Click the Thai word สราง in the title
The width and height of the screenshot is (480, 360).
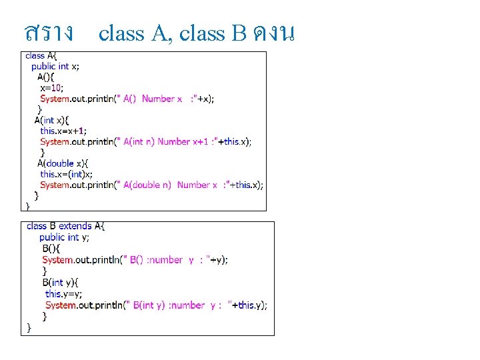pos(49,31)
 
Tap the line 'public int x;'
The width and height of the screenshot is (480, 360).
pos(55,66)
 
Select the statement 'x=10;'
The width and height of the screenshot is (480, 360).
pos(51,87)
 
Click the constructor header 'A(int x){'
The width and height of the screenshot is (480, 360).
pos(52,120)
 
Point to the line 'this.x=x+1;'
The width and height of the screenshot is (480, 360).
pos(63,131)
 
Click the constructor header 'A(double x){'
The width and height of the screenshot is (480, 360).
pos(63,163)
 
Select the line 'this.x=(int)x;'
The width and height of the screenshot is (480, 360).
pos(66,174)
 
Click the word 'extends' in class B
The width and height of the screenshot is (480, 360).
pos(75,226)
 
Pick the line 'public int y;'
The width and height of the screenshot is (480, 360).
pos(64,237)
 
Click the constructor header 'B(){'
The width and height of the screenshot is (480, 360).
pos(51,248)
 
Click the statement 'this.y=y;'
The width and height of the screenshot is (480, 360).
pos(64,294)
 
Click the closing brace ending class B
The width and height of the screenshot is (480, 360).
pos(29,327)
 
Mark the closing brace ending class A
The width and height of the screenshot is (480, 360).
pos(28,207)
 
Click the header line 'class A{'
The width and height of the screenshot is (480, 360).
pos(41,56)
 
